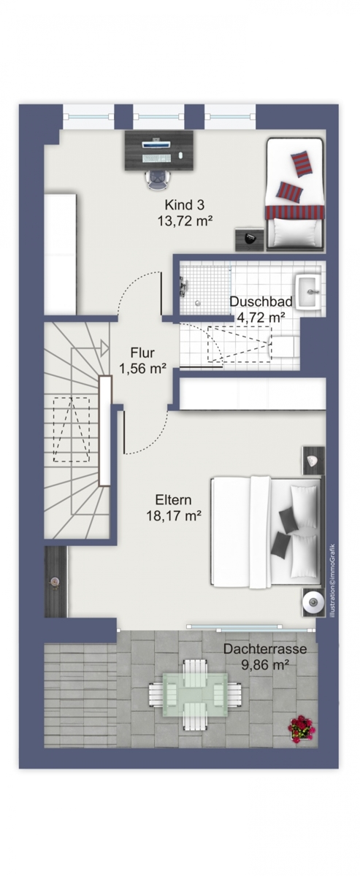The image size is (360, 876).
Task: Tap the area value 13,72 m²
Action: [184, 219]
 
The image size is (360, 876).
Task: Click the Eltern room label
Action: [173, 501]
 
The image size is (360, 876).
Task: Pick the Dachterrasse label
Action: [264, 648]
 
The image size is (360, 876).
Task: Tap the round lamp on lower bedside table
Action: [313, 602]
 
